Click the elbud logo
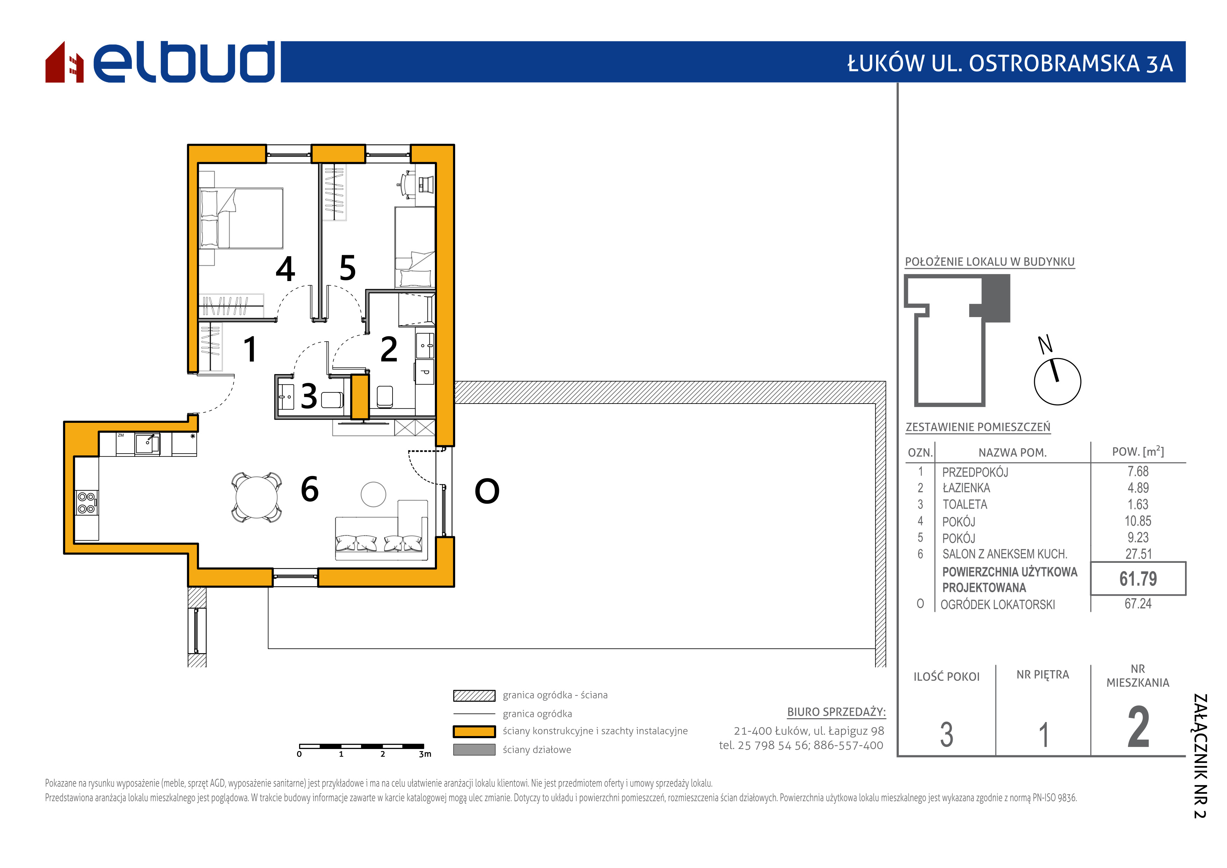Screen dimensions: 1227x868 160,62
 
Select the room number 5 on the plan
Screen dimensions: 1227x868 347,268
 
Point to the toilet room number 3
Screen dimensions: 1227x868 309,396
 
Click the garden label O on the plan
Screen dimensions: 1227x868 487,491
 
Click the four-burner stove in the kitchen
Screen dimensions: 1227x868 86,502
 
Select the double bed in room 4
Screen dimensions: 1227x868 241,218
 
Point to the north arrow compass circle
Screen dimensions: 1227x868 1058,381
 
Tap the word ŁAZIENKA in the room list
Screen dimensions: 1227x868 966,488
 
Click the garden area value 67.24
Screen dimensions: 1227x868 1138,604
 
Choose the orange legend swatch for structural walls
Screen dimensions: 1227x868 474,731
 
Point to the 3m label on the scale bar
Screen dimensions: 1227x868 425,754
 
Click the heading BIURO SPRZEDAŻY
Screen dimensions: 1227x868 836,712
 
